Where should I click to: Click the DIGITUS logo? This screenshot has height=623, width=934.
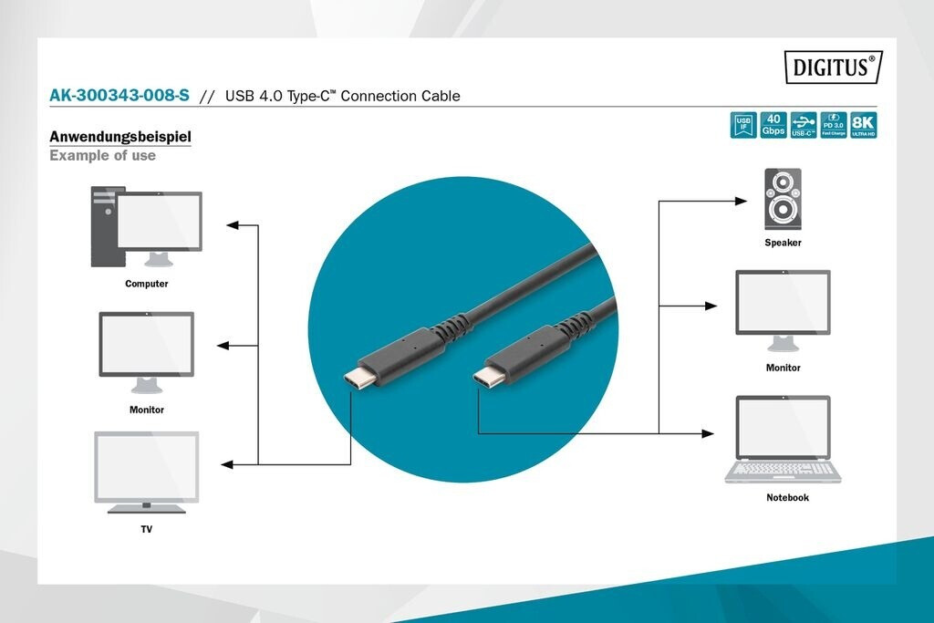click(833, 67)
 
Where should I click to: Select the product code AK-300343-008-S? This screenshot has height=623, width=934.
click(119, 96)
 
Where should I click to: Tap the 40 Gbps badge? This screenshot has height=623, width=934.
click(773, 125)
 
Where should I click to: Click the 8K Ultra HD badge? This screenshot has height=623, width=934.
click(863, 125)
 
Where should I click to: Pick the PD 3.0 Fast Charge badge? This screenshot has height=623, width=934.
click(834, 125)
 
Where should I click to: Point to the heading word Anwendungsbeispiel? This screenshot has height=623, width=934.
click(119, 137)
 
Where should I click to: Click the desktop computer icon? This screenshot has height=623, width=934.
click(146, 226)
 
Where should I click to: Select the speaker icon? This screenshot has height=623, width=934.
click(783, 200)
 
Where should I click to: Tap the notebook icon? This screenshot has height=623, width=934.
click(783, 439)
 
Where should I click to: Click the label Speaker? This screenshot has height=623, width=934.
click(783, 243)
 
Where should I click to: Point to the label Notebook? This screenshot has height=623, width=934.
click(787, 498)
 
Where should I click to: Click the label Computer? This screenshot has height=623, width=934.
click(147, 284)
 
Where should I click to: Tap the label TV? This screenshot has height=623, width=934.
click(147, 529)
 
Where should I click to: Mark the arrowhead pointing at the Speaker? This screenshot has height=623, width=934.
click(742, 201)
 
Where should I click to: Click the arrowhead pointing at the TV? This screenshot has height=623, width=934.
click(228, 464)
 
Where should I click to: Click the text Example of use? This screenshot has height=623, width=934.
click(102, 156)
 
